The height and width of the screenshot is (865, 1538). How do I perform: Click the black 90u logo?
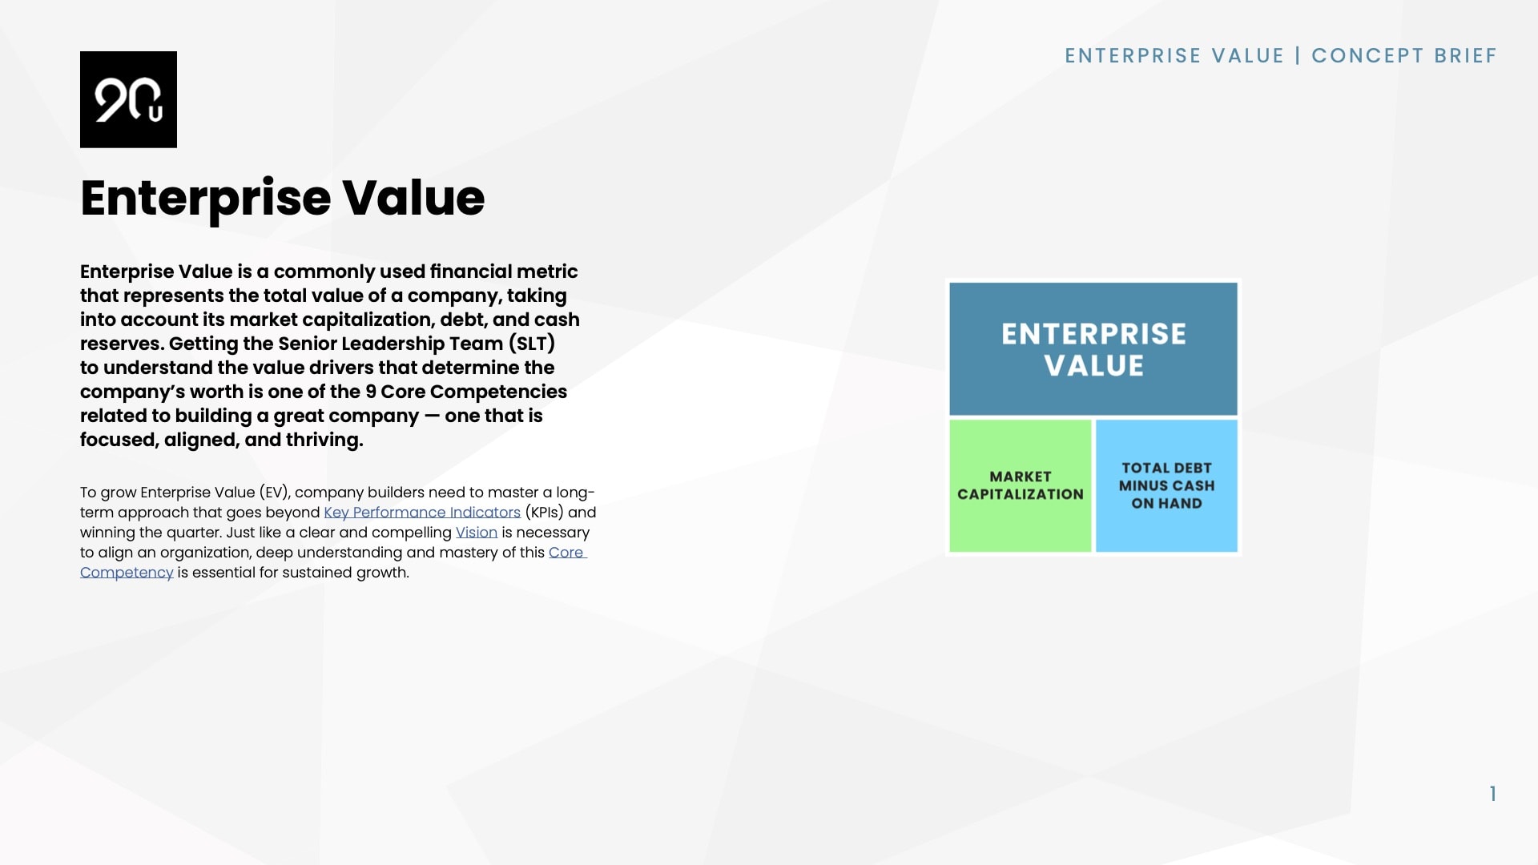(x=128, y=99)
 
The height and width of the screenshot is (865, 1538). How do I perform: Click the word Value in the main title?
(x=413, y=198)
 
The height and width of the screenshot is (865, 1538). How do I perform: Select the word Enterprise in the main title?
(x=205, y=198)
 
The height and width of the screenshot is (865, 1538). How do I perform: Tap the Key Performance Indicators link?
(x=422, y=513)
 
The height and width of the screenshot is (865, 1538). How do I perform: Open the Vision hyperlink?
(x=477, y=533)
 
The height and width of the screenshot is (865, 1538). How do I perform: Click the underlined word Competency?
(x=127, y=573)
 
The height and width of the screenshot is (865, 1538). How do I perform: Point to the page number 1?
(x=1493, y=794)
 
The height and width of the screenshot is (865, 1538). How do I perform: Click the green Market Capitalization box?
(x=1020, y=485)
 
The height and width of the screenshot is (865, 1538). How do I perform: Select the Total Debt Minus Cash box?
(x=1166, y=485)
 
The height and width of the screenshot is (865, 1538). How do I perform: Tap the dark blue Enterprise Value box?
(x=1093, y=349)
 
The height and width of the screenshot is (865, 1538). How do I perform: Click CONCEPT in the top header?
(x=1367, y=56)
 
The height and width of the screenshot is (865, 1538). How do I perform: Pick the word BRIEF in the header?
(x=1465, y=56)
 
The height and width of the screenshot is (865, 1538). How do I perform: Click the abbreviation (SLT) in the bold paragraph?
(x=532, y=344)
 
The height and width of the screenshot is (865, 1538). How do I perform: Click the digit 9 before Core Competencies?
(x=371, y=392)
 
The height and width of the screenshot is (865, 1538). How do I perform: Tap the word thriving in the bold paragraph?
(x=324, y=440)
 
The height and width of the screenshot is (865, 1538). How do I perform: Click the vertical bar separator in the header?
(x=1298, y=56)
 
